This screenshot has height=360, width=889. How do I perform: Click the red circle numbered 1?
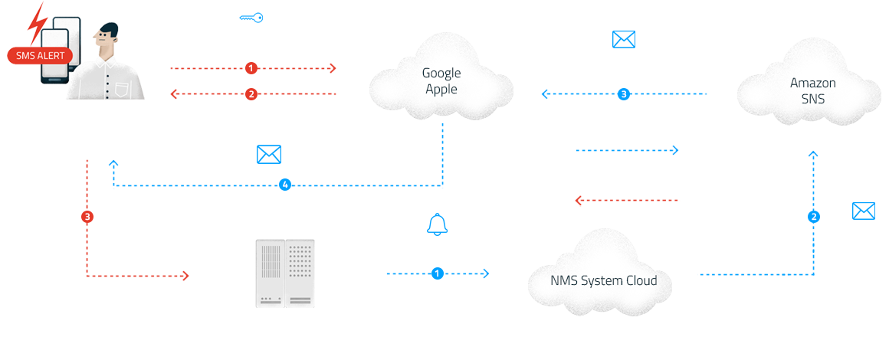tap(251, 69)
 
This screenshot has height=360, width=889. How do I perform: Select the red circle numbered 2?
tap(251, 94)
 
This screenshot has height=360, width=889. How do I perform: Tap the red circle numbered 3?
tap(87, 217)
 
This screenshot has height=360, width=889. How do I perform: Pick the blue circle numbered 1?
tap(437, 273)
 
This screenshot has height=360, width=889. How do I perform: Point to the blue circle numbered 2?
tap(814, 217)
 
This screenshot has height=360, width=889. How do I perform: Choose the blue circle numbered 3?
tap(624, 94)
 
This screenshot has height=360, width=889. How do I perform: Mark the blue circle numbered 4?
tap(285, 185)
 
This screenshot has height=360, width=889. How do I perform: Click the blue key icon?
tap(251, 18)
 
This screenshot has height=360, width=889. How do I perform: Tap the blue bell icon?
tap(437, 224)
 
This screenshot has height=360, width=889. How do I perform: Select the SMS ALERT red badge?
tap(41, 56)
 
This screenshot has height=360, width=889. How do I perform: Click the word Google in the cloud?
tap(441, 73)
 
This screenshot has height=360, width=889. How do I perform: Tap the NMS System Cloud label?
tap(604, 280)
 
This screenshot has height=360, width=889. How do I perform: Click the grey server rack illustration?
tap(285, 273)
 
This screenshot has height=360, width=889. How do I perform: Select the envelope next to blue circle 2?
tap(864, 211)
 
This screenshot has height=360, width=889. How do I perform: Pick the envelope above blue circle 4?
tap(269, 154)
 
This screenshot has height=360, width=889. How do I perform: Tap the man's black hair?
tap(107, 31)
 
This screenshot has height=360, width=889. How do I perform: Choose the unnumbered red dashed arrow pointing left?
tap(626, 200)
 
